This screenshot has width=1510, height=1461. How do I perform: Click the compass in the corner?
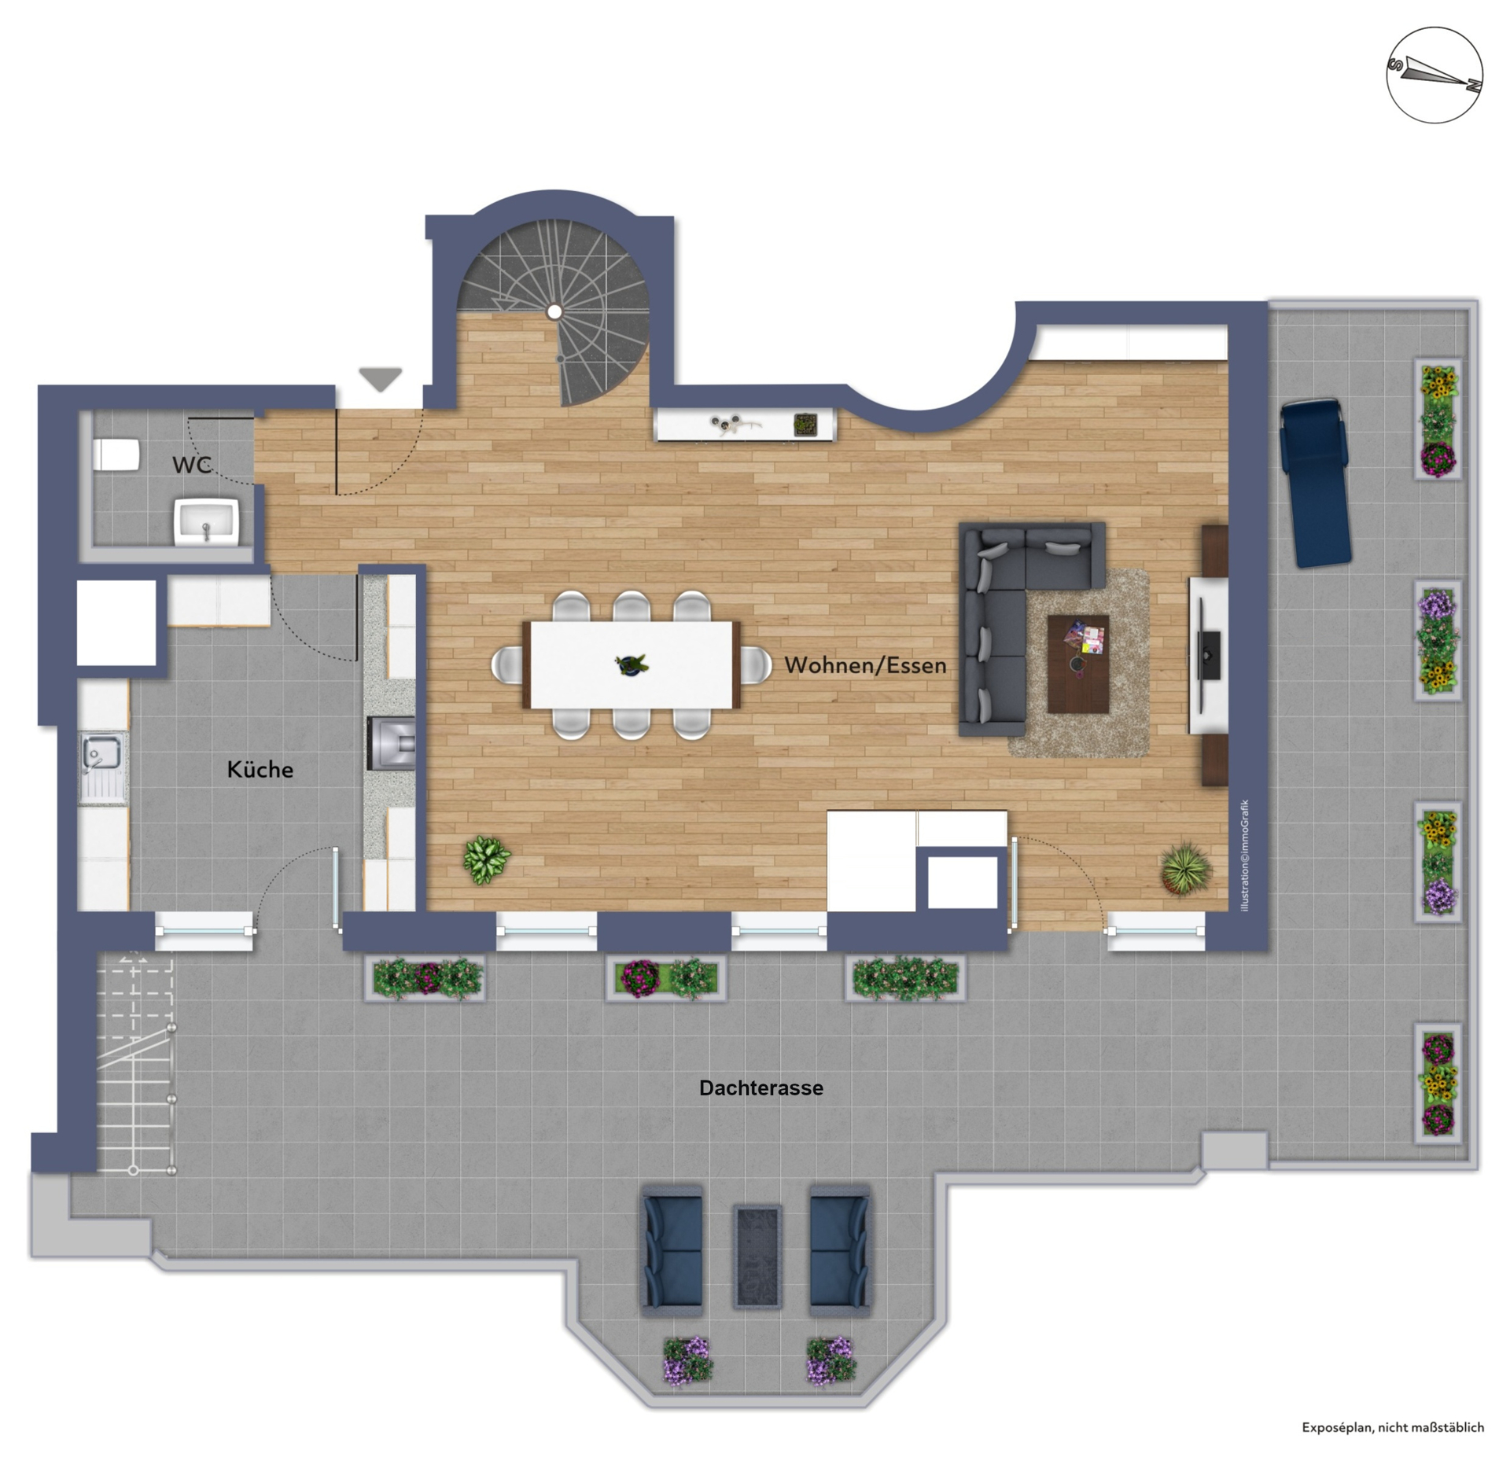[x=1434, y=75]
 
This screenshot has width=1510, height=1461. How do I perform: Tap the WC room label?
[x=192, y=465]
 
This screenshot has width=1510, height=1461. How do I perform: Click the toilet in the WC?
[x=116, y=454]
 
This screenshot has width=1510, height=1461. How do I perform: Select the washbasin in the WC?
[x=206, y=521]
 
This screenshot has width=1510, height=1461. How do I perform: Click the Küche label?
[x=260, y=769]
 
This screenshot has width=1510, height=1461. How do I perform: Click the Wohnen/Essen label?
[x=865, y=665]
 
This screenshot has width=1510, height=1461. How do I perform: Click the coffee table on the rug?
[x=1077, y=664]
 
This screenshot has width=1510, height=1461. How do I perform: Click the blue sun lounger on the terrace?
[x=1315, y=483]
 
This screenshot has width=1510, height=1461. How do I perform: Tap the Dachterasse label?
[x=761, y=1087]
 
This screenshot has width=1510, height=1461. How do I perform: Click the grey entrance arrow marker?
[x=381, y=379]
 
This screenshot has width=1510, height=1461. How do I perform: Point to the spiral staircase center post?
[x=554, y=312]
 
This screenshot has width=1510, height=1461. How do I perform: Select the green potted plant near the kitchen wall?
[x=486, y=859]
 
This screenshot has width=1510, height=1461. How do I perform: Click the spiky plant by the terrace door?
[x=1185, y=867]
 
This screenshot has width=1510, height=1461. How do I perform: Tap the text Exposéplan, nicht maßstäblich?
[x=1393, y=1427]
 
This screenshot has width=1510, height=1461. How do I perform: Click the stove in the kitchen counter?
[x=392, y=743]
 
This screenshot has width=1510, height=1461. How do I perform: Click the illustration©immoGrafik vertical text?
[x=1244, y=856]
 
